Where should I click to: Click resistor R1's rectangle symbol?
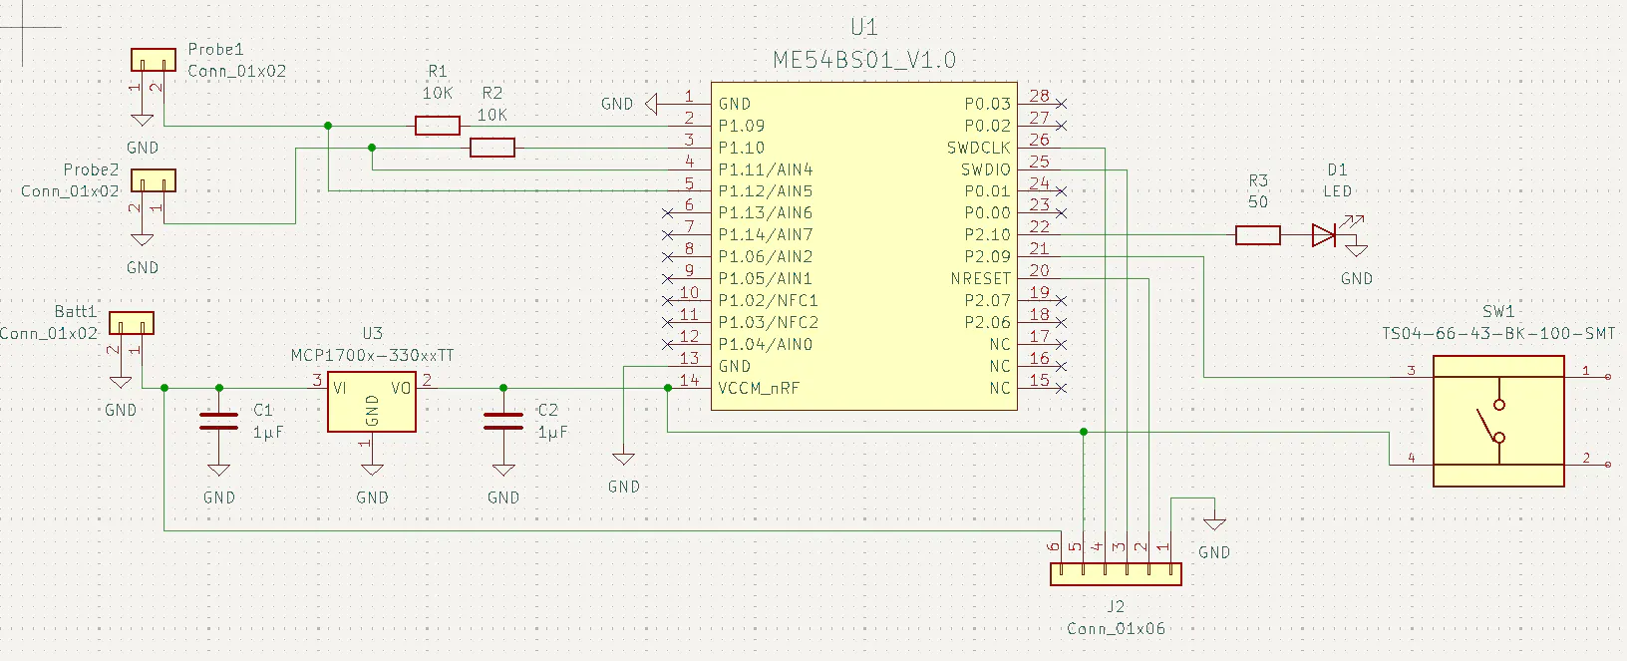tap(437, 126)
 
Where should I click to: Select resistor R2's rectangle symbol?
tap(491, 148)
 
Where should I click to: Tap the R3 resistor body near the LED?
tap(1257, 235)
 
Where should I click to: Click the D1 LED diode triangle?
tap(1324, 235)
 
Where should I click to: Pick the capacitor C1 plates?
tap(219, 421)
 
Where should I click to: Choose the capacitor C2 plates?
tap(503, 421)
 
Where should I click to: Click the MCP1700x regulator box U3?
tap(372, 403)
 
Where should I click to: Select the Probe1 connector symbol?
tap(154, 60)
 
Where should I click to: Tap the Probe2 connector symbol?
tap(154, 180)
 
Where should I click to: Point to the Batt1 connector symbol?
tap(131, 323)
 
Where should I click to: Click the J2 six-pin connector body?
tap(1116, 574)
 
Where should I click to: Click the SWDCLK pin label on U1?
tap(978, 148)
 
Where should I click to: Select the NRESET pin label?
tap(980, 279)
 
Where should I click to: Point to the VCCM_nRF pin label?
tap(759, 389)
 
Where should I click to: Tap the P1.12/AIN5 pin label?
tap(765, 191)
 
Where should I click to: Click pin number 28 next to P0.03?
tap(1039, 97)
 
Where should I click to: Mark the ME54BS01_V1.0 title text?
tap(864, 61)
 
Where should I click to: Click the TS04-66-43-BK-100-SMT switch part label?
tap(1497, 334)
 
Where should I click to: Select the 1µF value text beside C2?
tap(552, 433)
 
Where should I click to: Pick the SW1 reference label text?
tap(1497, 312)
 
